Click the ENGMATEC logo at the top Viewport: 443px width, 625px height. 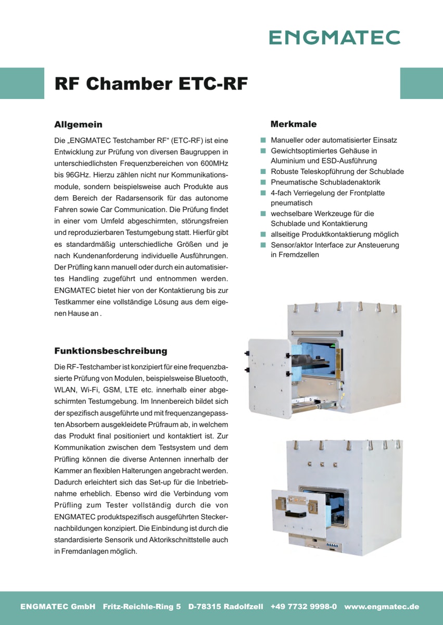pyautogui.click(x=335, y=37)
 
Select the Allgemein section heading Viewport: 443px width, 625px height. pyautogui.click(x=78, y=124)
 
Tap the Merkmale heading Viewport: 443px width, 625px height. pyautogui.click(x=294, y=124)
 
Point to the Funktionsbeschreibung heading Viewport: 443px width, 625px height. pyautogui.click(x=111, y=351)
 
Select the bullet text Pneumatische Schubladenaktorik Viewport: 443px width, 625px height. pyautogui.click(x=325, y=182)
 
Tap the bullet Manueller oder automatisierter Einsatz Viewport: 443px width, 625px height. pyautogui.click(x=334, y=140)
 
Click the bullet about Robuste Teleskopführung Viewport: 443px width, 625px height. pyautogui.click(x=337, y=172)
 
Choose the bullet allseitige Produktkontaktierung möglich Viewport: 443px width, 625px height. pyautogui.click(x=334, y=234)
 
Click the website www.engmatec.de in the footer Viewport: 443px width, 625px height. pyautogui.click(x=382, y=607)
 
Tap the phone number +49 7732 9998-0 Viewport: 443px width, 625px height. pyautogui.click(x=303, y=607)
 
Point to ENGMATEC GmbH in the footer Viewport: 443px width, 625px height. pyautogui.click(x=58, y=607)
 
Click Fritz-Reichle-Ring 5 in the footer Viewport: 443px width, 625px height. pyautogui.click(x=142, y=607)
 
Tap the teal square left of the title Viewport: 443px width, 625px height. pyautogui.click(x=22, y=83)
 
